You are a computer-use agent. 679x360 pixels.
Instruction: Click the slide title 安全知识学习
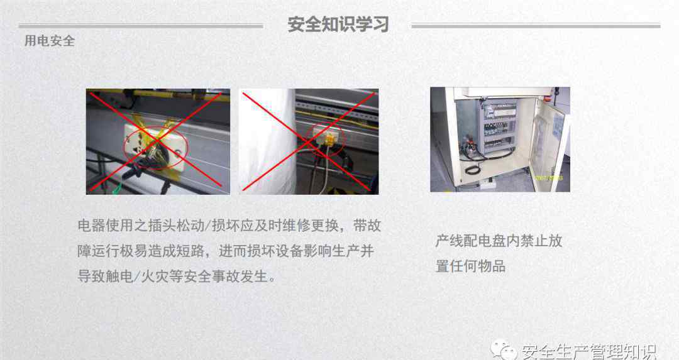point(338,25)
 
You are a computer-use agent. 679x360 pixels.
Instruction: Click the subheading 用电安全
point(50,41)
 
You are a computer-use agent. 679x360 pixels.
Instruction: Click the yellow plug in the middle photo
point(329,139)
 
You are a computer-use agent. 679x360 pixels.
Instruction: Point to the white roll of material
point(268,141)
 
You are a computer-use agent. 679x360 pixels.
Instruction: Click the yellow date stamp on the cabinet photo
point(549,178)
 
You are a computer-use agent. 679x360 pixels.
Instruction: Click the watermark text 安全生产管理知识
point(589,351)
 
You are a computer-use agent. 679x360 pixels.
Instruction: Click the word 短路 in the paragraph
point(190,251)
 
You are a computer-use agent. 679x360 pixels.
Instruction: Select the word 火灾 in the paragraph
point(155,276)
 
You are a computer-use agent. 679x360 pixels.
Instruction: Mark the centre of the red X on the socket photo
point(158,141)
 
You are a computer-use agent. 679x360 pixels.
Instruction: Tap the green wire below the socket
point(116,189)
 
